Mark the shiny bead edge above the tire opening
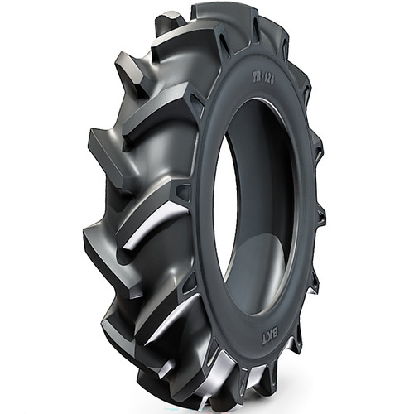click(248, 103)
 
